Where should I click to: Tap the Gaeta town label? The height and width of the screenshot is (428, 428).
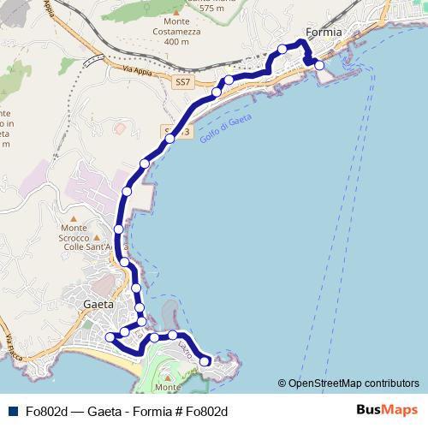98,304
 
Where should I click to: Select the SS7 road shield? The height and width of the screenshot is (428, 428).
181,82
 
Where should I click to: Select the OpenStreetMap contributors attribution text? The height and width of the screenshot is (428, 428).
348,383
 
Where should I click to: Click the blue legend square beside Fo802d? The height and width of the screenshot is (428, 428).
13,411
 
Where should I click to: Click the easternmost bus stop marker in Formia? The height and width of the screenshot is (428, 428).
319,65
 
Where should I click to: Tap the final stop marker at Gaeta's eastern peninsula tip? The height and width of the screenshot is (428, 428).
205,361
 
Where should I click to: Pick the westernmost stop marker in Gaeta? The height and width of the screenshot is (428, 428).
110,337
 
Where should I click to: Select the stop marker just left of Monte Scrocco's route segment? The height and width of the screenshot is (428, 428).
119,229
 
